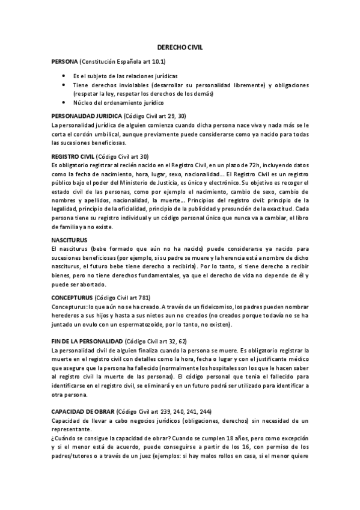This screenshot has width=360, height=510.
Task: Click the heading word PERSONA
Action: click(65, 62)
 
